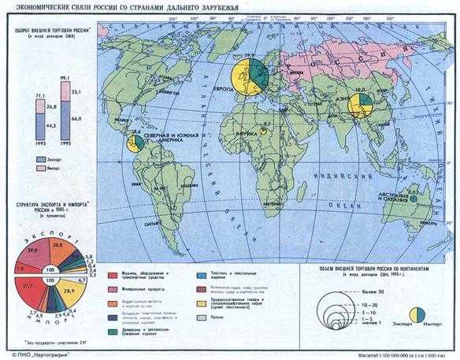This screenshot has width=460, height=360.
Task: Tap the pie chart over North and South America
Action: click(x=135, y=143)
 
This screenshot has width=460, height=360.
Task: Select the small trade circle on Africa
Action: click(x=264, y=132)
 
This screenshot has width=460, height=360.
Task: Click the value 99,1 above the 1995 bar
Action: click(x=65, y=79)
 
